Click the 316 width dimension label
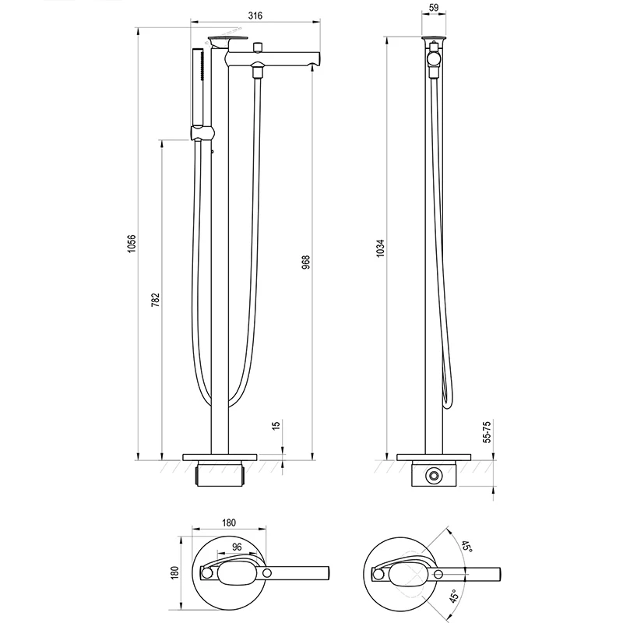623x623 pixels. click(x=255, y=16)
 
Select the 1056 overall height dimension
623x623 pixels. click(x=132, y=244)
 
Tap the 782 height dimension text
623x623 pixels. click(x=155, y=300)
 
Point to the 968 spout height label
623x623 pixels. click(x=305, y=262)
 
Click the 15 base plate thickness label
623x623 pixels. click(x=276, y=424)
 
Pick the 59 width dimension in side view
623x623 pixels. click(x=434, y=8)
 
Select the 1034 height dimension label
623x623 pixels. click(x=380, y=248)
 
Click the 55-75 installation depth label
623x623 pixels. click(x=487, y=432)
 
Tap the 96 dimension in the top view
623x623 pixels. click(x=237, y=547)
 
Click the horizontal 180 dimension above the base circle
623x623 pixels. click(x=229, y=523)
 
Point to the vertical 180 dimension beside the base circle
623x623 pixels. click(x=174, y=572)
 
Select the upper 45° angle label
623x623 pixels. click(x=467, y=547)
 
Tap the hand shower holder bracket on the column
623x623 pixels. click(x=202, y=132)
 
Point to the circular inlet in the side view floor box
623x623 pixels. click(x=434, y=476)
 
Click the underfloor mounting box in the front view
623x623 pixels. click(x=220, y=473)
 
